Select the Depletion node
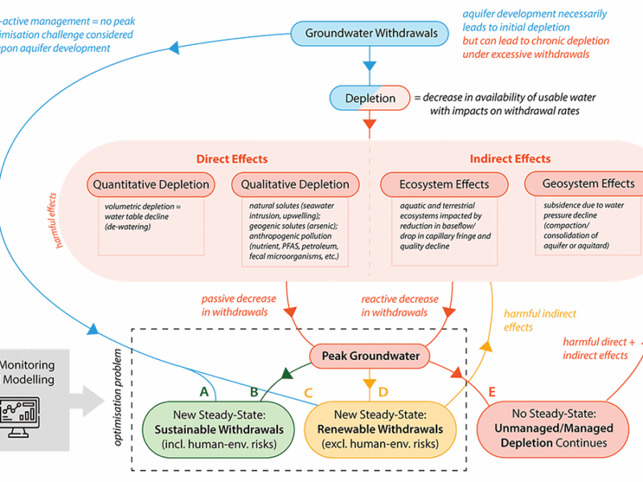coord(370,98)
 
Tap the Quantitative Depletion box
coord(151,184)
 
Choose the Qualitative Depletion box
coord(296,184)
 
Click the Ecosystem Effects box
coord(445,184)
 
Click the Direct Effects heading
coord(231,159)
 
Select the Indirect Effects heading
coord(510,159)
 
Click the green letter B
coord(253,391)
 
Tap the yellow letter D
coord(383,391)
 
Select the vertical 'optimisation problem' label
coord(117,398)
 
